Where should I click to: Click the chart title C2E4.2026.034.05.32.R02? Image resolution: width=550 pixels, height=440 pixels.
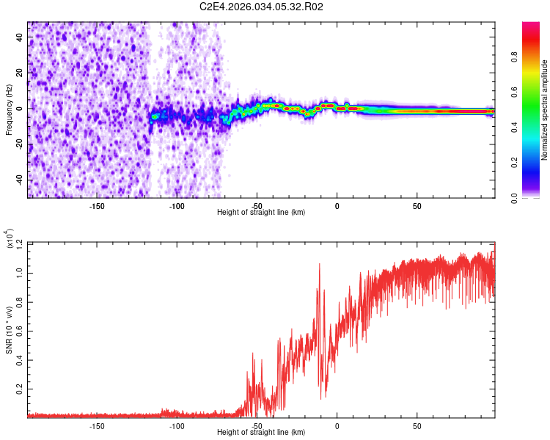point(261,7)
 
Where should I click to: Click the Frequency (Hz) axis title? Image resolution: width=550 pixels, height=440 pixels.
point(9,110)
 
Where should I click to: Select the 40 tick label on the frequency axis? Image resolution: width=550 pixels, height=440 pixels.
point(19,37)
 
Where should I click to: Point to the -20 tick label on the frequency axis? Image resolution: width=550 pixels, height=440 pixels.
point(19,143)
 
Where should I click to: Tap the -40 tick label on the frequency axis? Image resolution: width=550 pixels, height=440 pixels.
point(19,179)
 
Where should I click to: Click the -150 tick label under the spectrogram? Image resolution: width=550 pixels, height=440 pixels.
point(97,206)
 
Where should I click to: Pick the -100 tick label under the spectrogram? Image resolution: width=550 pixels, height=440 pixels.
point(177,206)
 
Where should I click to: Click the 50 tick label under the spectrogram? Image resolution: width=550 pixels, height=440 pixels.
point(417,206)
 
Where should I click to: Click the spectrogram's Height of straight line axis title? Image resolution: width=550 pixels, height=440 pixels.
point(261,212)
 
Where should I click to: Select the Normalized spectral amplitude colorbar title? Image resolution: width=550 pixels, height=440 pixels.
point(544,110)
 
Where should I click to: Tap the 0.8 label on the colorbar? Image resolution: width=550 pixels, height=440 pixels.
point(514,57)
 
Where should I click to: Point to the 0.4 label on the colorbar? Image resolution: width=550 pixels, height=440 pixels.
point(514,128)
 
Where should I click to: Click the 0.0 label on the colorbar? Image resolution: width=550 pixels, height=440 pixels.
point(514,198)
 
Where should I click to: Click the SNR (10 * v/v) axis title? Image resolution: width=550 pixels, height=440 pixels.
point(9,330)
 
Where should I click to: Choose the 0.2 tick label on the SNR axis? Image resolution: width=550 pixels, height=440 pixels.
point(19,389)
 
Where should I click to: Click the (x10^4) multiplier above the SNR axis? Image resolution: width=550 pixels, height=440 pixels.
point(9,238)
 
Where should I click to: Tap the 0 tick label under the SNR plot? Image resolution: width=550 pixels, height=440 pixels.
point(337,426)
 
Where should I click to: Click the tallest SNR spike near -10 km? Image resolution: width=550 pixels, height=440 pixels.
point(319,264)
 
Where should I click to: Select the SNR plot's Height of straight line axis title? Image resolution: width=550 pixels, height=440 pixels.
point(261,432)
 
